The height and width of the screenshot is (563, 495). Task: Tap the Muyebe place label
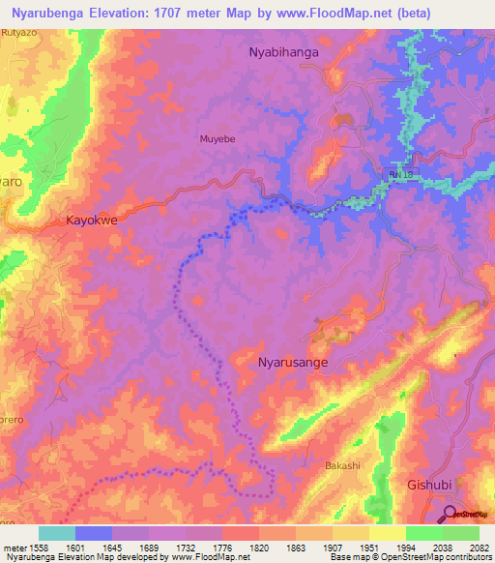pyautogui.click(x=218, y=138)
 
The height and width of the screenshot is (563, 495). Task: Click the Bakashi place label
pyautogui.click(x=342, y=466)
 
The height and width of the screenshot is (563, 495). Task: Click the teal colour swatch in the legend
pyautogui.click(x=56, y=533)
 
